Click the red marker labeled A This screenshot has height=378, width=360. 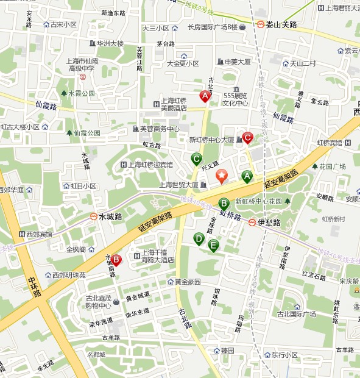click(x=205, y=96)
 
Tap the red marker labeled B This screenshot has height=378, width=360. click(x=116, y=260)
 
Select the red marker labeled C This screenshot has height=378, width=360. click(x=247, y=137)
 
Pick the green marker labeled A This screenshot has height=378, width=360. click(x=247, y=176)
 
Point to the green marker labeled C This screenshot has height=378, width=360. click(x=196, y=159)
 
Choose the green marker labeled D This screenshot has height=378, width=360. click(x=199, y=238)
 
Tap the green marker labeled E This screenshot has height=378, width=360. click(x=213, y=245)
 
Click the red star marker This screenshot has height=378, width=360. click(x=222, y=176)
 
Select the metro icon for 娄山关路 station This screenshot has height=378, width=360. click(x=261, y=25)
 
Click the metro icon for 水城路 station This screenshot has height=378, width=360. click(x=93, y=216)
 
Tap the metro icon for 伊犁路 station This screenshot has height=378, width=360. click(x=252, y=223)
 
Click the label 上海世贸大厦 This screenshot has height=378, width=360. click(x=178, y=185)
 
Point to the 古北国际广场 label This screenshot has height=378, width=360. click(x=296, y=315)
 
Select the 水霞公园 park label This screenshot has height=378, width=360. click(x=82, y=93)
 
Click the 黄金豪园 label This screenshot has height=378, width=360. click(x=188, y=282)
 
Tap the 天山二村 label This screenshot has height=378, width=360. click(x=302, y=63)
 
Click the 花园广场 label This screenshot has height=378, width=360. click(x=333, y=166)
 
